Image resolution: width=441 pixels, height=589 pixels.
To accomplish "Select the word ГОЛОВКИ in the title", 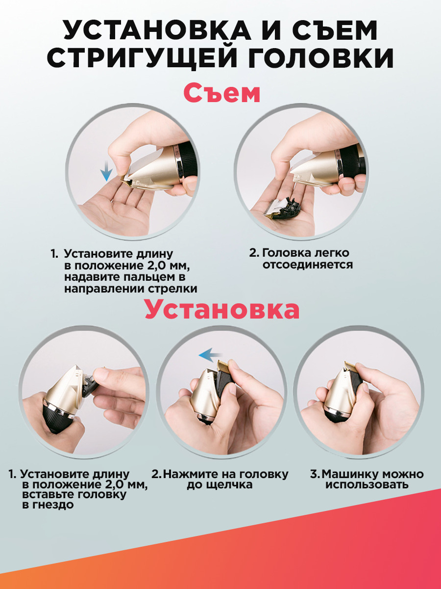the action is coord(321,57).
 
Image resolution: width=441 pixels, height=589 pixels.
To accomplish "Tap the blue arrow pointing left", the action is coord(211,355).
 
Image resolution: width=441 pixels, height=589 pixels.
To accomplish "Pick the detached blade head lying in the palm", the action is coord(282,208).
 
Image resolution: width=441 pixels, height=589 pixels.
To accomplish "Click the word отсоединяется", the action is coord(308,265).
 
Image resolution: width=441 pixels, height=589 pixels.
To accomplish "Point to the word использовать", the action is coord(367,484).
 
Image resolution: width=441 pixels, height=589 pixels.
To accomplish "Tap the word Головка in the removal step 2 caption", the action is coord(287,253).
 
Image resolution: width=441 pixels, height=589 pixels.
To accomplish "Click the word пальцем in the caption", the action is coord(140,277).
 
